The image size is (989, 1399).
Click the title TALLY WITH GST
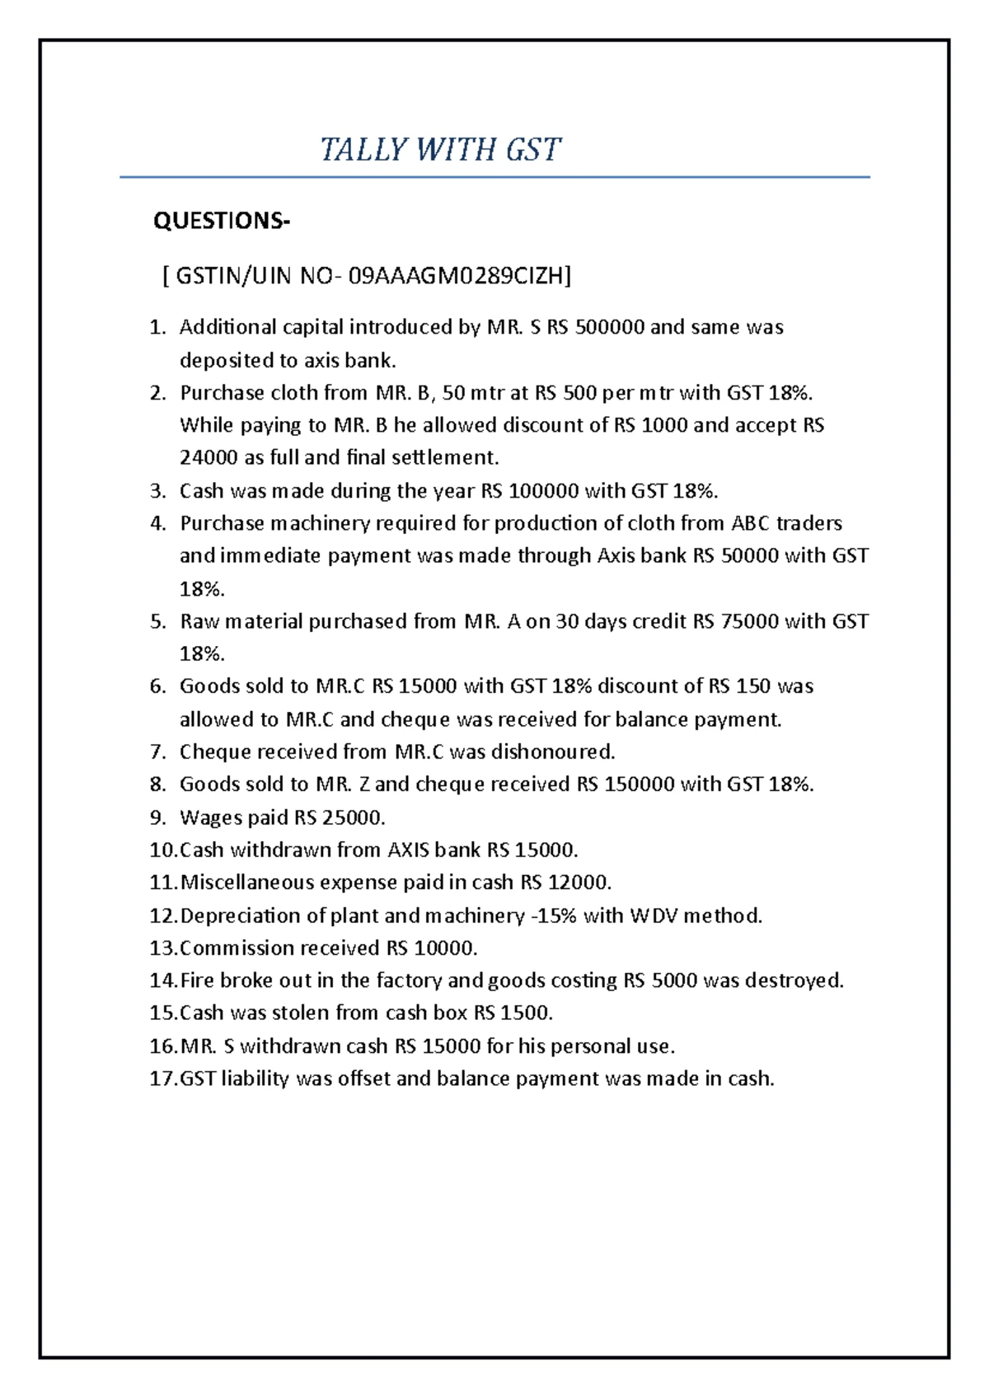pos(440,150)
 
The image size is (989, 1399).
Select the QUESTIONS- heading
pos(222,221)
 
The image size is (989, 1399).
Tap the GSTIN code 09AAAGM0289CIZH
pos(460,275)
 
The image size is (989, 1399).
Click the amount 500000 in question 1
pos(609,327)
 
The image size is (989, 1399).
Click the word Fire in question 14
pos(196,980)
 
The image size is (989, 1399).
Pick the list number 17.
pos(162,1078)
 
